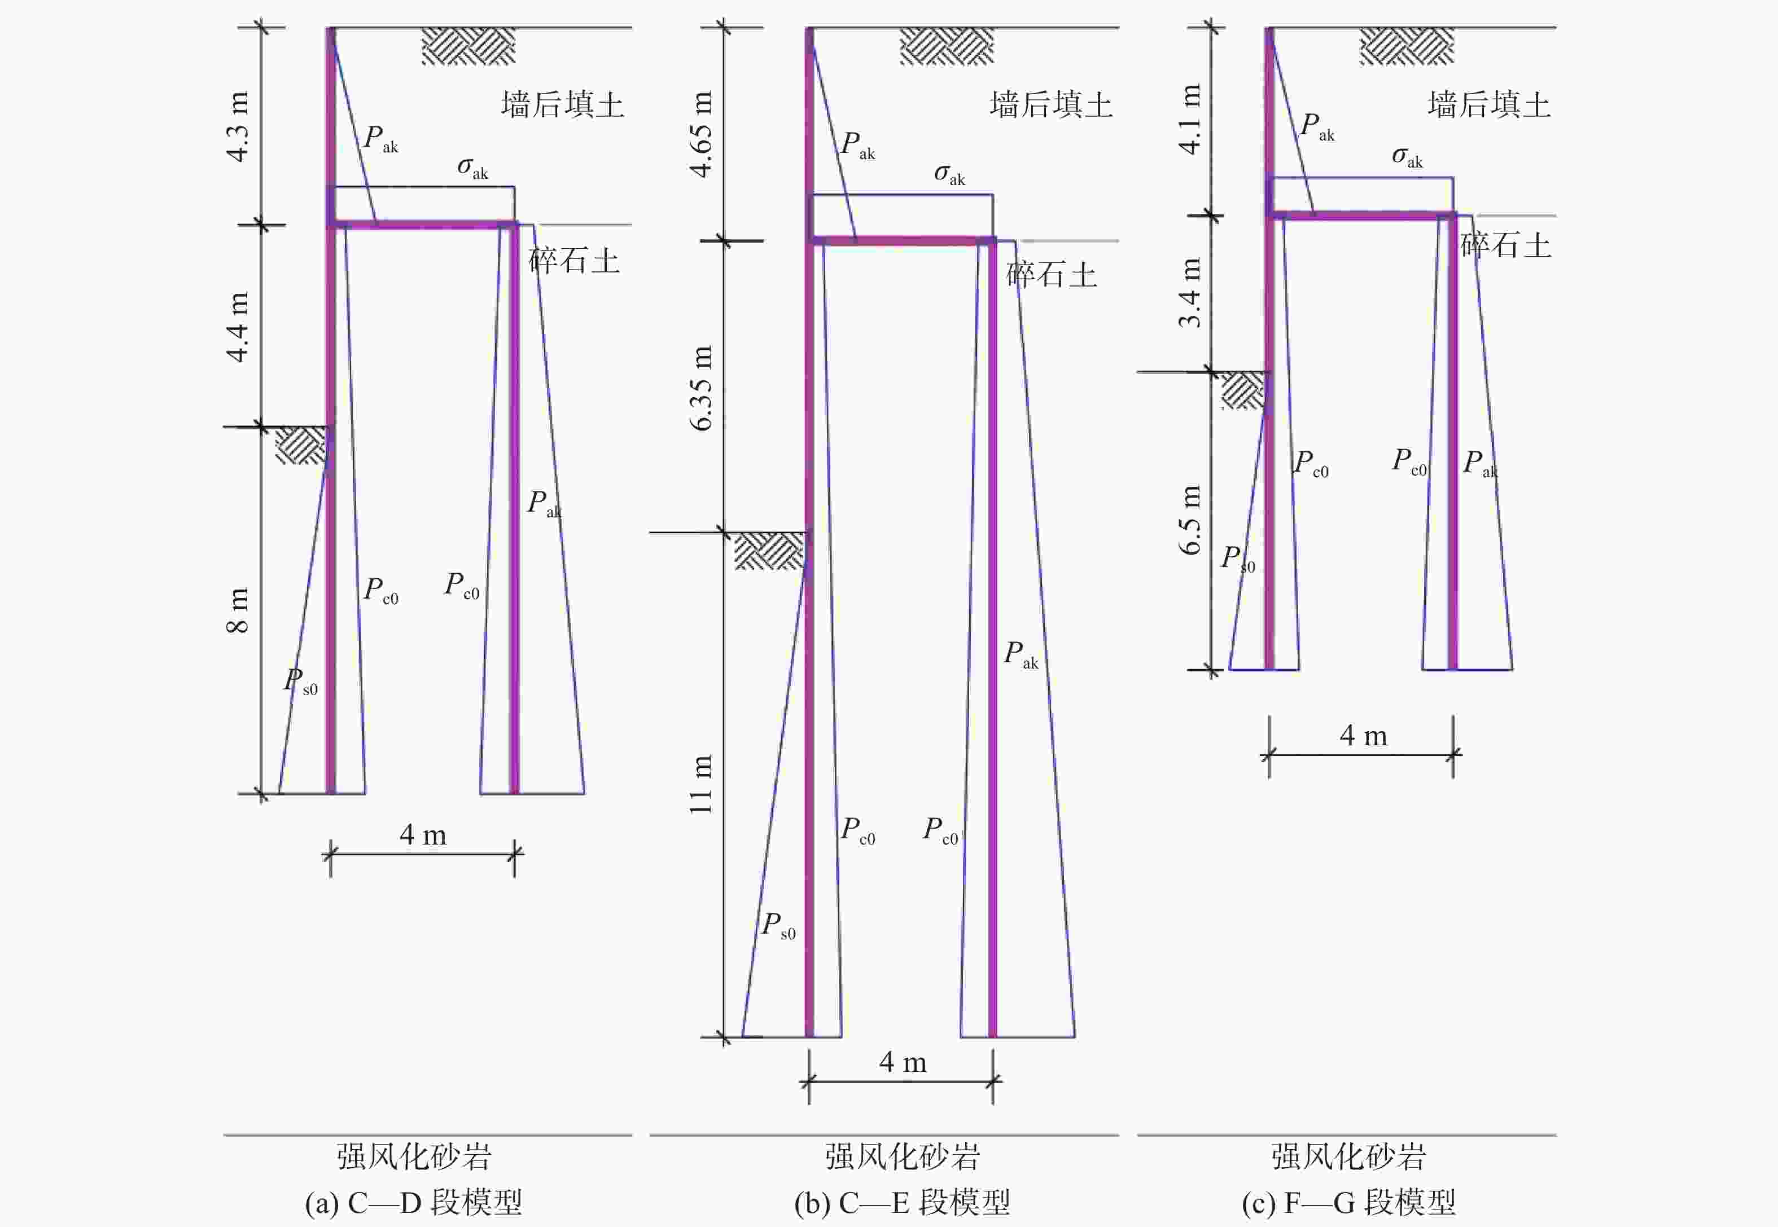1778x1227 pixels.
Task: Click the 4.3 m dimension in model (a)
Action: [x=238, y=127]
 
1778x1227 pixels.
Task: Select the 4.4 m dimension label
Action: [x=238, y=327]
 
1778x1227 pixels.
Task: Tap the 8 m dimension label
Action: [x=238, y=610]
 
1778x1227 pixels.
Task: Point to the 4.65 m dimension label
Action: [x=702, y=134]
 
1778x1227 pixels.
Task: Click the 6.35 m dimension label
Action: [x=702, y=388]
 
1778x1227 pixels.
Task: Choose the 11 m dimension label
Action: [x=702, y=784]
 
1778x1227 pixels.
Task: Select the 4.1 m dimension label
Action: [x=1190, y=119]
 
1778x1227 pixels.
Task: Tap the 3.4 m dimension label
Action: [x=1190, y=293]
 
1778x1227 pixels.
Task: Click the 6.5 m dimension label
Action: [x=1190, y=520]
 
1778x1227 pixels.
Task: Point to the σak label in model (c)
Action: [x=1407, y=157]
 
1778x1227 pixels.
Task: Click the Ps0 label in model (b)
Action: [x=777, y=926]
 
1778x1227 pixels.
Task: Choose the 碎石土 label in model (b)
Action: [x=1051, y=275]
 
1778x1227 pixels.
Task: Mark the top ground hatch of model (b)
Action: [x=947, y=46]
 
